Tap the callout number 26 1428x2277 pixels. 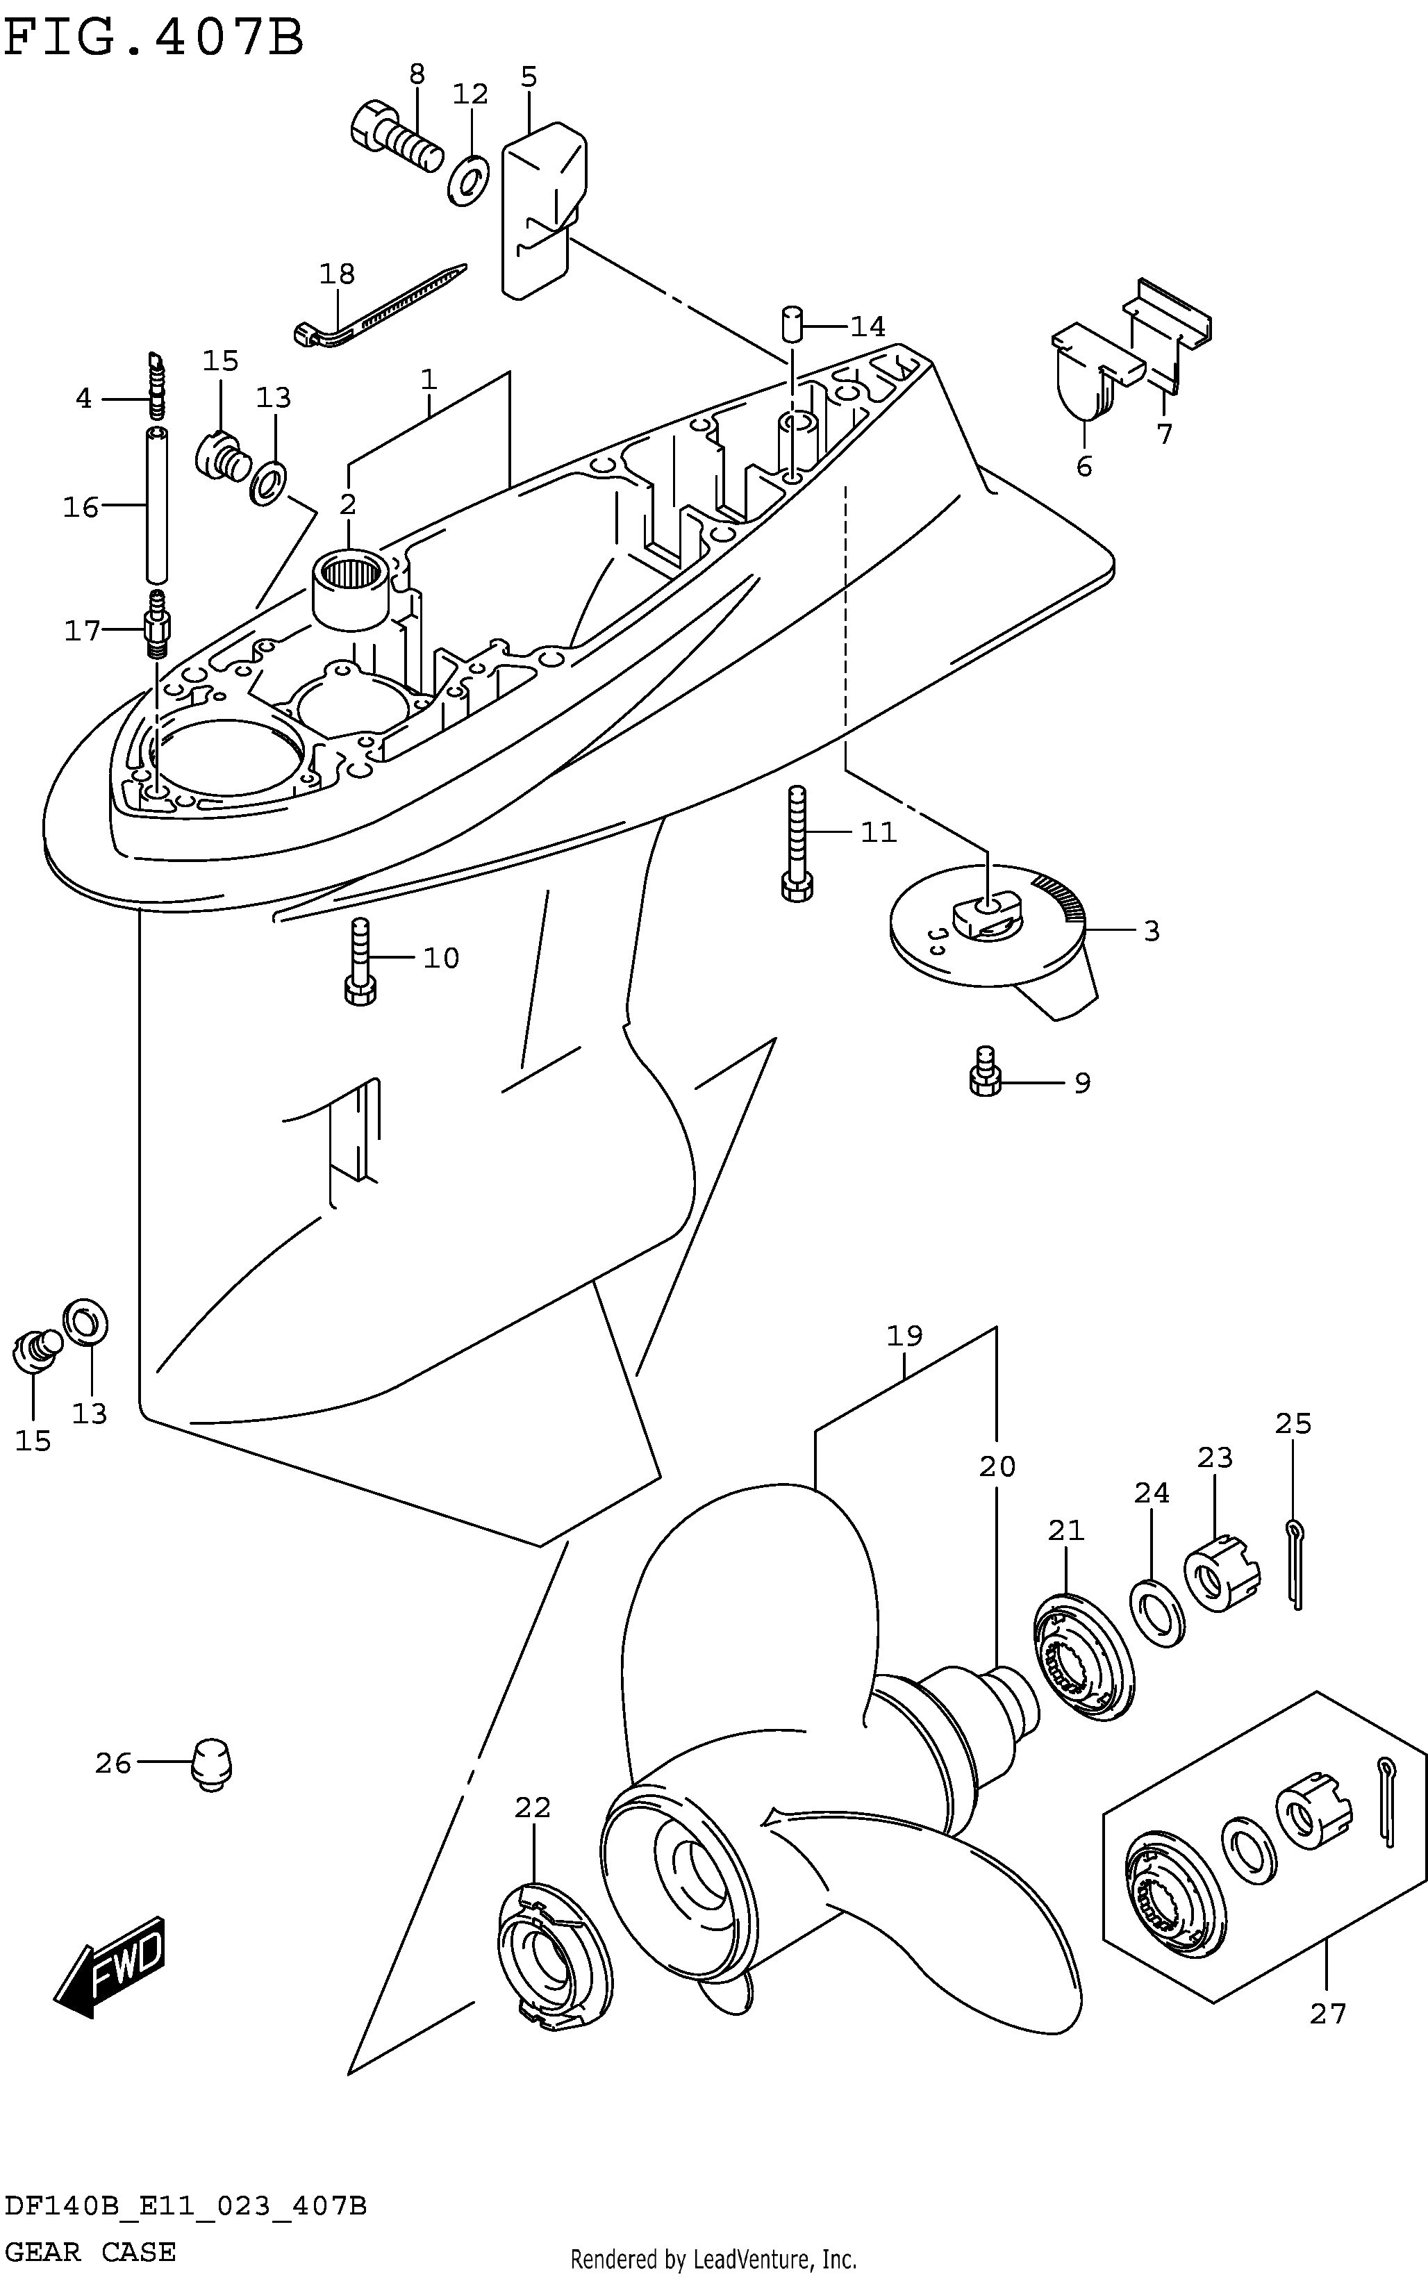(113, 1762)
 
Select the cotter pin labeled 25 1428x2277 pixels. (1295, 1563)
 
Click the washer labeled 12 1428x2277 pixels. (467, 179)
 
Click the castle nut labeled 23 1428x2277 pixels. (1222, 1573)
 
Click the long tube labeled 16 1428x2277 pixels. (158, 505)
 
